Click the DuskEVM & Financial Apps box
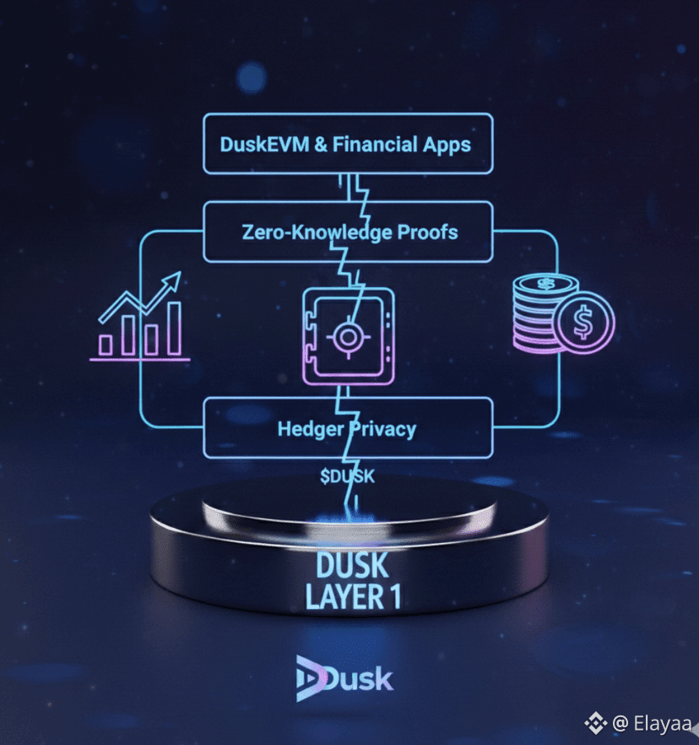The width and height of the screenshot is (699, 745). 346,144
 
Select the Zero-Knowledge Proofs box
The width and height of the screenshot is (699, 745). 347,232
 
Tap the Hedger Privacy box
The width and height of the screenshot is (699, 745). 347,428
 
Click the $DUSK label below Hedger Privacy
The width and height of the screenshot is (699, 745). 347,476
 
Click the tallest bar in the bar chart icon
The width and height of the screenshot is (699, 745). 174,329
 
